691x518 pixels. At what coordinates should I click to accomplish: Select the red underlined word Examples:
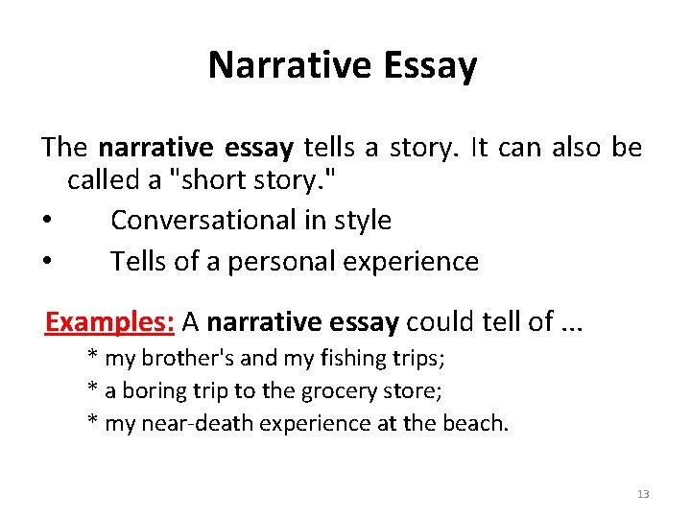[108, 322]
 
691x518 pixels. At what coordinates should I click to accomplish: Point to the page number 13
[642, 494]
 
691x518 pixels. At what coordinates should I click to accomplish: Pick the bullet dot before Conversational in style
[47, 222]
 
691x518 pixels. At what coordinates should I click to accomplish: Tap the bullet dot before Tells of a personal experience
[47, 262]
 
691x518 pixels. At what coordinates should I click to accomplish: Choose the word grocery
[345, 391]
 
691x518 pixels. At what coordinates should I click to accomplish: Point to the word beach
[480, 423]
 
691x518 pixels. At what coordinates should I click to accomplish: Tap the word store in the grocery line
[418, 391]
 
